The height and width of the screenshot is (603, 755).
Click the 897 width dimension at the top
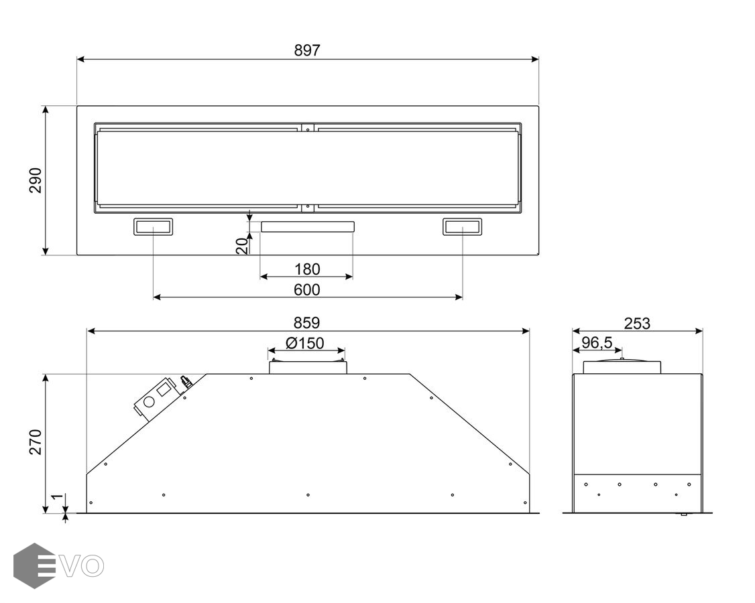307,50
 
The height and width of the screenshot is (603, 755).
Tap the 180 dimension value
307,269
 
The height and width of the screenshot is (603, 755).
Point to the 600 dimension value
307,289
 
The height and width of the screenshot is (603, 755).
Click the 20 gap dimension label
242,246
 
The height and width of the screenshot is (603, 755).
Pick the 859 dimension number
306,322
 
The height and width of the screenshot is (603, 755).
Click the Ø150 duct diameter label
305,343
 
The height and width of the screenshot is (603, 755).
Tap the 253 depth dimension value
637,324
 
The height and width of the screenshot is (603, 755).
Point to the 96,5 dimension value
597,342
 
